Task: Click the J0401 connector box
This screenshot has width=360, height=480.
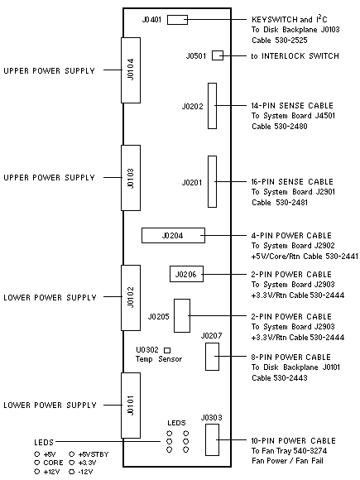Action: click(x=177, y=20)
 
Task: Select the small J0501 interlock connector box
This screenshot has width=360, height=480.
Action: click(x=218, y=55)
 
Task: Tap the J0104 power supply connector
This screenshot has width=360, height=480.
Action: click(x=131, y=70)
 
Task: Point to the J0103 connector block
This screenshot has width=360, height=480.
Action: click(x=131, y=178)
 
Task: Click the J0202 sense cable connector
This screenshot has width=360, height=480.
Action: click(x=212, y=106)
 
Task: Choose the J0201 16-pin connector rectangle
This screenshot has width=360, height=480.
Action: click(x=212, y=182)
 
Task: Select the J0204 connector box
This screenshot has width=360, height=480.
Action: click(x=173, y=235)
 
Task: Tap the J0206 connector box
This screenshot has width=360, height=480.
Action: click(x=186, y=274)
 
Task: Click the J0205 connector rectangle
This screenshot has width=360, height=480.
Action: click(x=182, y=315)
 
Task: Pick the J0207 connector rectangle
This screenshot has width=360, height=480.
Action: click(x=212, y=357)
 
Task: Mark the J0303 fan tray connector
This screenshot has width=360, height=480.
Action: click(x=212, y=440)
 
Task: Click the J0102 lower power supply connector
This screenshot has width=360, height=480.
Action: click(x=131, y=298)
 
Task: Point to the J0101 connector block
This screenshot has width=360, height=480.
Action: click(x=131, y=406)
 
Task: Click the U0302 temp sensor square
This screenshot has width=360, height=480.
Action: click(x=167, y=350)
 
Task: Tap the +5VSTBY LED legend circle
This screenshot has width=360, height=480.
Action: click(x=72, y=454)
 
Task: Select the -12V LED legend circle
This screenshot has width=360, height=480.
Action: click(x=72, y=472)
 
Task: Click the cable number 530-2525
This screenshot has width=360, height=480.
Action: click(x=290, y=41)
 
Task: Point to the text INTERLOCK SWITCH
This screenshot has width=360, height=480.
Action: click(x=300, y=56)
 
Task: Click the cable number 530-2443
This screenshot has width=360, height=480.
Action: click(x=290, y=377)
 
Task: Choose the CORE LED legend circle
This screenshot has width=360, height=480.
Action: click(x=37, y=463)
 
